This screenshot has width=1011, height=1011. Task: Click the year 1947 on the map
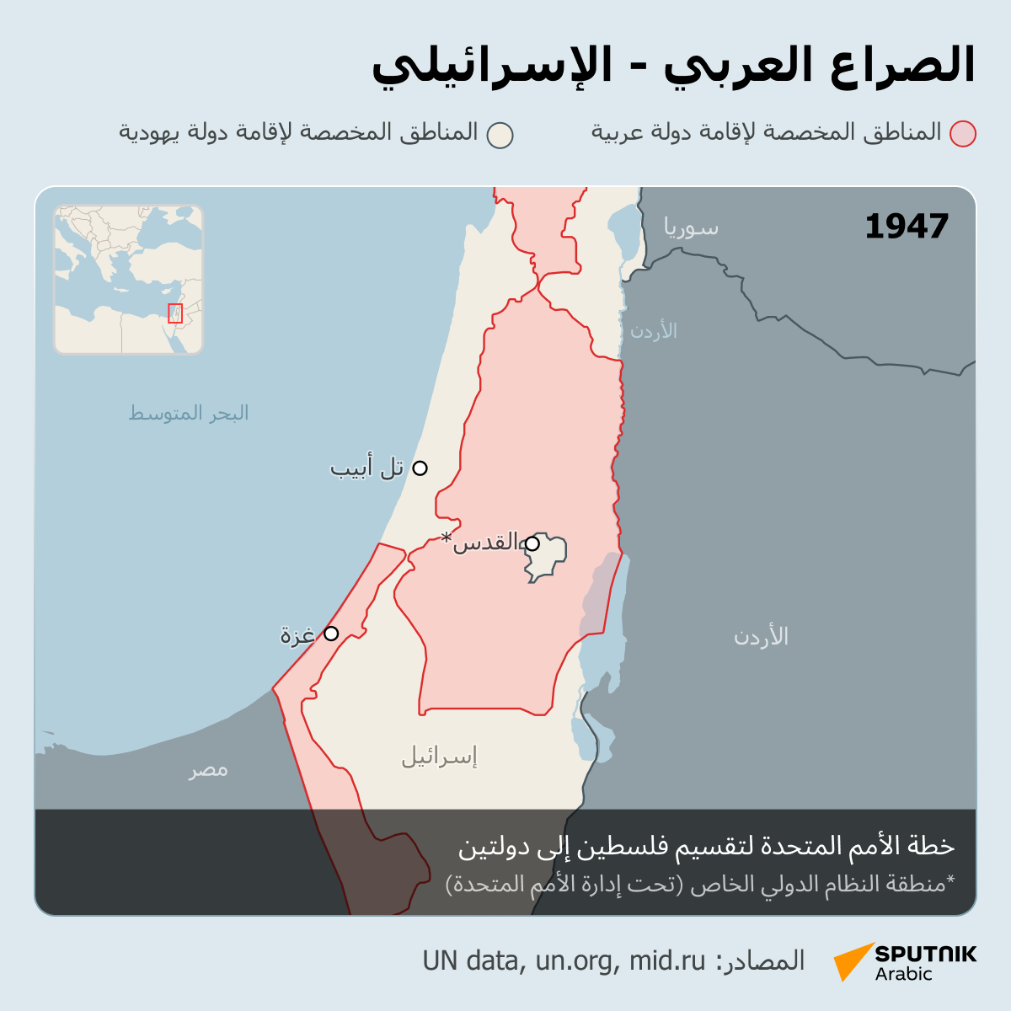[907, 227]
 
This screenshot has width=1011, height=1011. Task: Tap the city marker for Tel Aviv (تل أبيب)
[420, 468]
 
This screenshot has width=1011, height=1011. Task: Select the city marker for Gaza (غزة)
[331, 634]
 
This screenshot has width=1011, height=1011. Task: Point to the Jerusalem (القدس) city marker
[532, 543]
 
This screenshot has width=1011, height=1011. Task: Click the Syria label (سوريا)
[691, 227]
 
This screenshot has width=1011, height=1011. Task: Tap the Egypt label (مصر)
[208, 769]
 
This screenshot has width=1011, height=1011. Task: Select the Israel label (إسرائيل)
[439, 756]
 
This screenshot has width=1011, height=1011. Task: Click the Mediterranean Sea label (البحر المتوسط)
[189, 413]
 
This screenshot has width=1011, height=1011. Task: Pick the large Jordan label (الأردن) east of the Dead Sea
[761, 636]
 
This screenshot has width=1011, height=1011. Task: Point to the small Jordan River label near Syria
[654, 330]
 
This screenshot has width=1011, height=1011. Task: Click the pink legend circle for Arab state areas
[962, 134]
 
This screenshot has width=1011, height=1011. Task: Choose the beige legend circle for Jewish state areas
[500, 135]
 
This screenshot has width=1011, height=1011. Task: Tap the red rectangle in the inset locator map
[175, 313]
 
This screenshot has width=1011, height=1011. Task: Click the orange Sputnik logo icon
[853, 961]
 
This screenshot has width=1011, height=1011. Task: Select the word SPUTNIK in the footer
[925, 954]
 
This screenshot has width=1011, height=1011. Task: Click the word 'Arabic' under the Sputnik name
[903, 975]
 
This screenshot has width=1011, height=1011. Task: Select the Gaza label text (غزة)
[297, 634]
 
